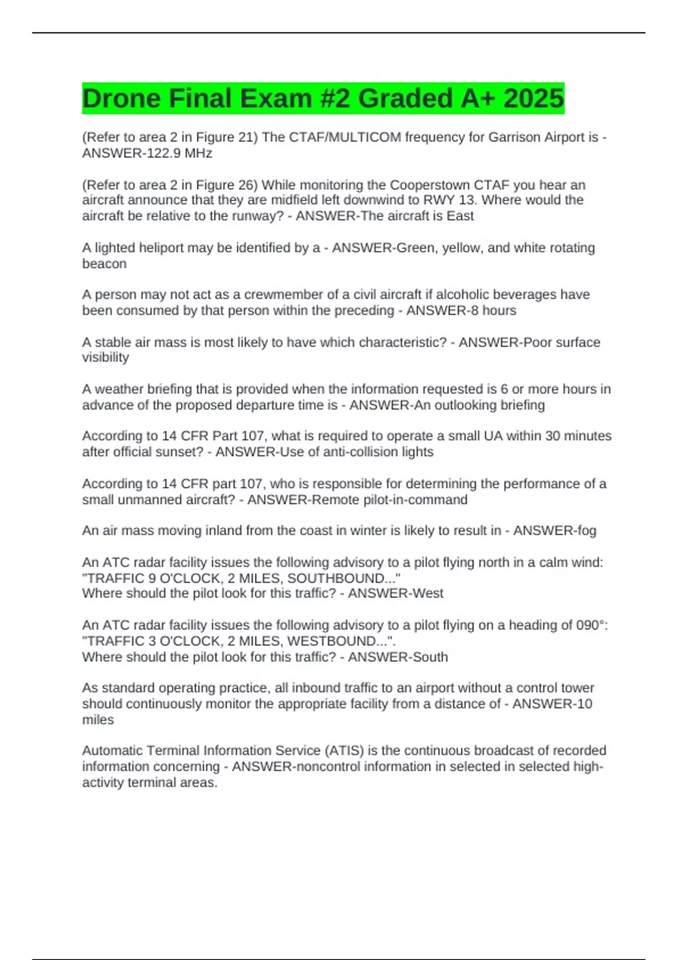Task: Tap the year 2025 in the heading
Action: [x=533, y=98]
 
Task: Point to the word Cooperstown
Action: [x=430, y=185]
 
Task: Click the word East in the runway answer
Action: [x=460, y=216]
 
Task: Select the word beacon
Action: [x=104, y=264]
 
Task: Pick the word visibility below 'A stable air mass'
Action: [x=106, y=357]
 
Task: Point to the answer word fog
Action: [x=586, y=531]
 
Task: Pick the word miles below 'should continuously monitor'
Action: [x=98, y=719]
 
